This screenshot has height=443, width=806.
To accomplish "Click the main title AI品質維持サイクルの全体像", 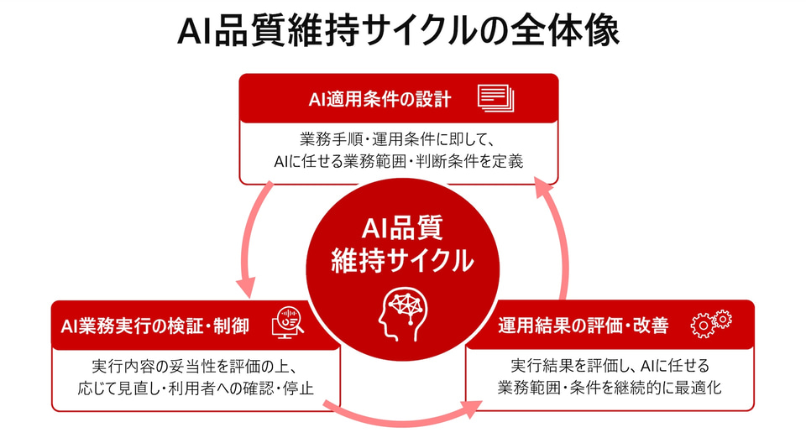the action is point(398,31).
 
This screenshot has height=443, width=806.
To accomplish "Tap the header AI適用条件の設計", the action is point(379,99).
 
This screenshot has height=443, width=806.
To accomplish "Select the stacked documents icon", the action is point(495,98).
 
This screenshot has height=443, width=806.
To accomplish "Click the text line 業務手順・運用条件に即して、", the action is point(397,139).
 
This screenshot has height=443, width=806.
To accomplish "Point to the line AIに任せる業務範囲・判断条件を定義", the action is point(398,161).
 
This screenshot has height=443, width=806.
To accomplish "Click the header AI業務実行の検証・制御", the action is point(154,326).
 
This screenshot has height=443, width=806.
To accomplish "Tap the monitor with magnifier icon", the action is point(288,322).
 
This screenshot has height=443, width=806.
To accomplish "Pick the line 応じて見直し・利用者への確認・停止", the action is point(196,388).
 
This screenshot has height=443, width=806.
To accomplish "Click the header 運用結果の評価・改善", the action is point(584,326).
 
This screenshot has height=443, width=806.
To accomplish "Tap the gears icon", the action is point(711,324).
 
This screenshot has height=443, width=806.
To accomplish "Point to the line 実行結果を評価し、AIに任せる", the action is point(610,366).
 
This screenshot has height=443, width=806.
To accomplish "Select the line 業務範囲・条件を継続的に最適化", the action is point(610,388).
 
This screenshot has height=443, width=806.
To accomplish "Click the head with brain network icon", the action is point(403,314).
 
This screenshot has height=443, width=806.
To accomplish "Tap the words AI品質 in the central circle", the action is point(402,228).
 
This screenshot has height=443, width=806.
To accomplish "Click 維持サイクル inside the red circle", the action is point(402,260).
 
